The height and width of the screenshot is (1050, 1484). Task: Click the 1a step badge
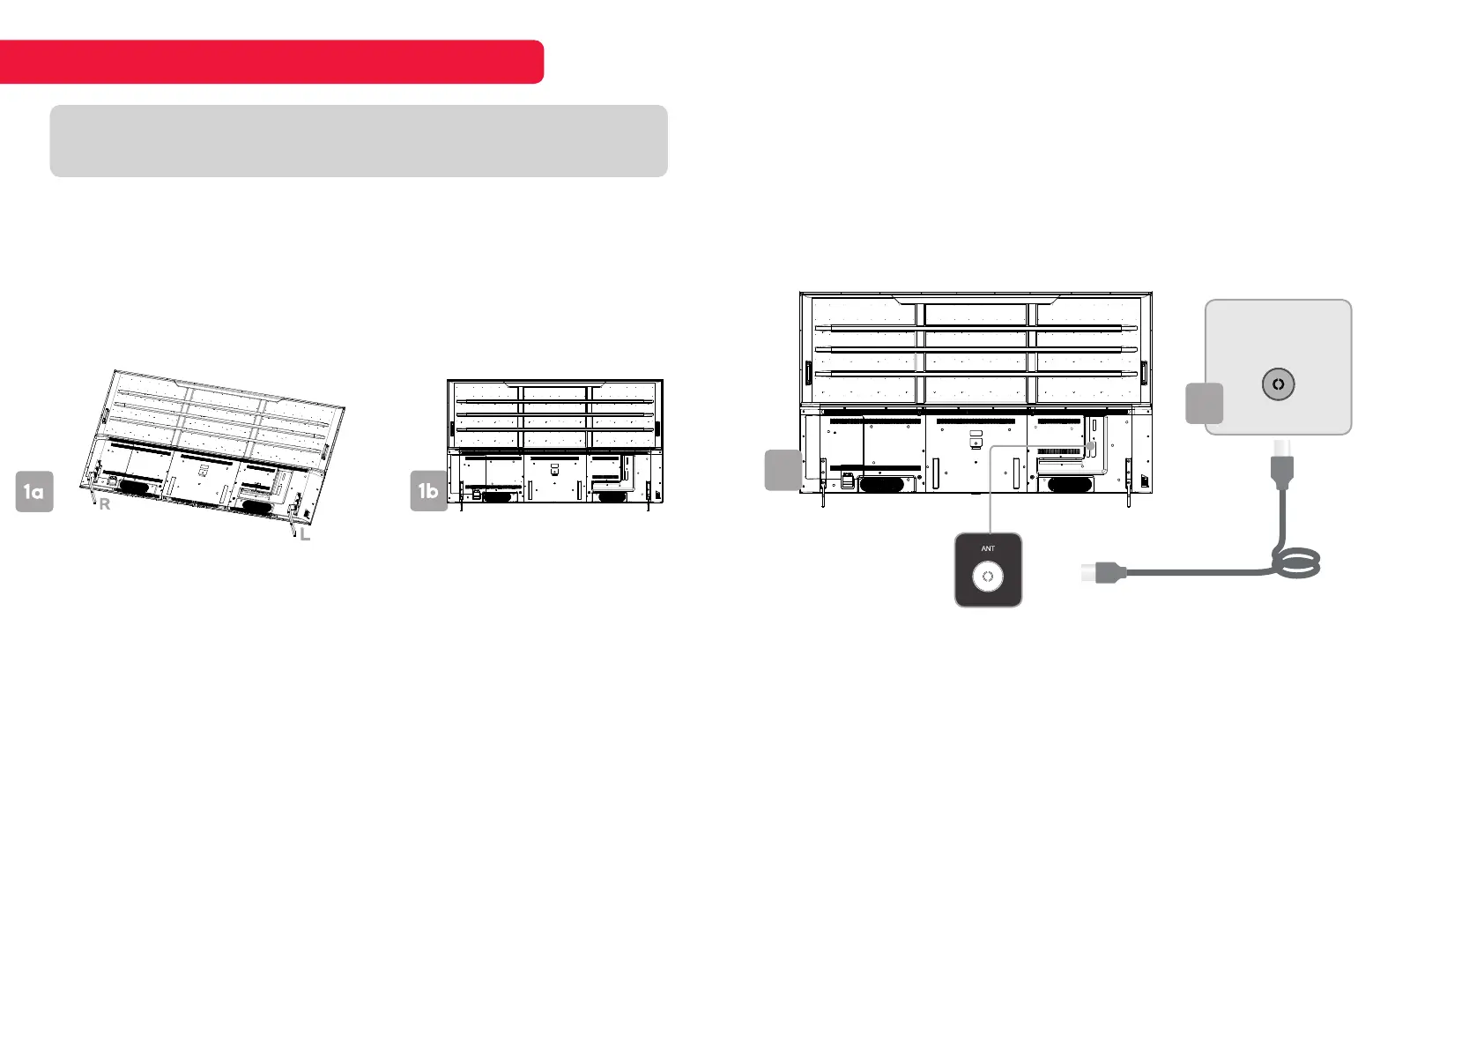pyautogui.click(x=34, y=492)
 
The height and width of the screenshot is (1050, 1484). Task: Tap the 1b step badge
pyautogui.click(x=429, y=491)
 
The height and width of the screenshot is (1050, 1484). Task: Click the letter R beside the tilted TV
pyautogui.click(x=105, y=505)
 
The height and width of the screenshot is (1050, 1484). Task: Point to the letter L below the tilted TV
pyautogui.click(x=305, y=534)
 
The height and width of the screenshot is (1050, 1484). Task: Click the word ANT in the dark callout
pyautogui.click(x=988, y=548)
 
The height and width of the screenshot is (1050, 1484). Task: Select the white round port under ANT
pyautogui.click(x=988, y=577)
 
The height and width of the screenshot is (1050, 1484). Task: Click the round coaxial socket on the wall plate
pyautogui.click(x=1278, y=384)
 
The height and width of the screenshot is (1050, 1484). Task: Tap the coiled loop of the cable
pyautogui.click(x=1295, y=562)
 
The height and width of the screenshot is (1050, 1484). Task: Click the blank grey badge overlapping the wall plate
pyautogui.click(x=1204, y=404)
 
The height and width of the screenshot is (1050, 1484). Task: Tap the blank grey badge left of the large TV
pyautogui.click(x=783, y=470)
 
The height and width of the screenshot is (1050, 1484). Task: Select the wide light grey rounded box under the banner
pyautogui.click(x=358, y=141)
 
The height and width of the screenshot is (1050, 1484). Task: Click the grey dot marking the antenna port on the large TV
pyautogui.click(x=1091, y=447)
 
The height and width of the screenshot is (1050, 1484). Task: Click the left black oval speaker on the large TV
pyautogui.click(x=887, y=484)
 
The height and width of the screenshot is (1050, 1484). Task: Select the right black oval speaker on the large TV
pyautogui.click(x=1069, y=484)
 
